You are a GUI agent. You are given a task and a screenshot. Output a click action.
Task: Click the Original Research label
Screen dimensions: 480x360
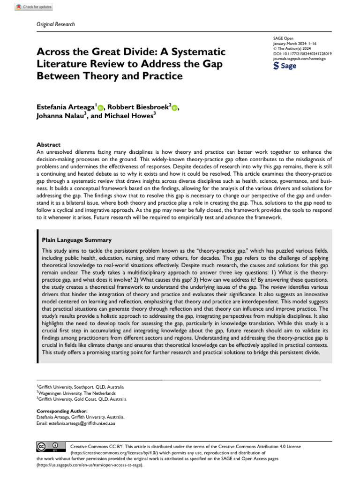[x=55, y=24]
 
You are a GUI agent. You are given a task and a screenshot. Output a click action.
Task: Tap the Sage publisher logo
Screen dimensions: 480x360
[x=285, y=66]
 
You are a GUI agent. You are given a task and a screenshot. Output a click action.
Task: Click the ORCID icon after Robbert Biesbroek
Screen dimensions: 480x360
[x=175, y=108]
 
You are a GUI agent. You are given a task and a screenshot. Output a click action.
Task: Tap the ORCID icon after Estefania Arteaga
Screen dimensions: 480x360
[x=100, y=108]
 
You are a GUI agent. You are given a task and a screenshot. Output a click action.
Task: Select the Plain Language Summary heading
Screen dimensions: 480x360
[x=77, y=240]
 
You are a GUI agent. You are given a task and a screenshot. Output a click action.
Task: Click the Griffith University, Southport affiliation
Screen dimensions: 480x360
[x=81, y=387]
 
